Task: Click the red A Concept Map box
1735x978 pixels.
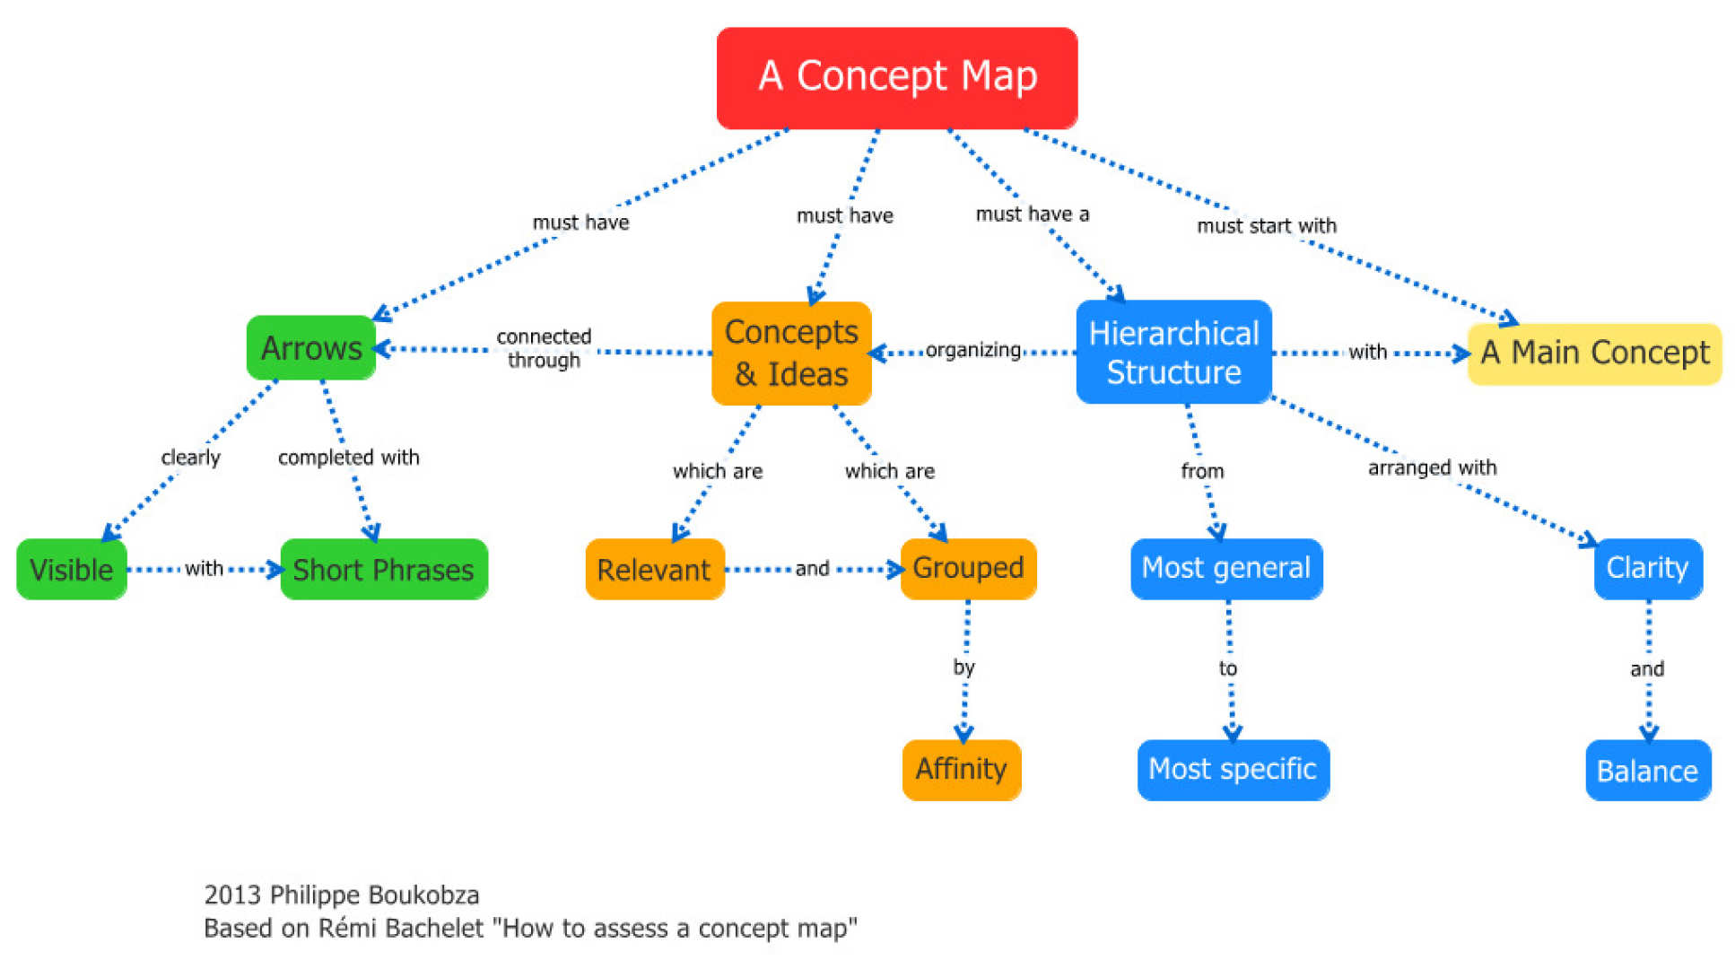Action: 896,78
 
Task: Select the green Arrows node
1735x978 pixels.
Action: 311,348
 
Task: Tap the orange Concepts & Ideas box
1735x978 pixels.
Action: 791,354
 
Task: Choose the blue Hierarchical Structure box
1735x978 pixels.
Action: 1173,353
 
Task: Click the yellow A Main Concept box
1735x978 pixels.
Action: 1594,354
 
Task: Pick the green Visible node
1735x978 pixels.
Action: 72,570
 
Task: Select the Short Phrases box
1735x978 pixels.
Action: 384,570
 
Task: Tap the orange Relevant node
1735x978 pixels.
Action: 654,570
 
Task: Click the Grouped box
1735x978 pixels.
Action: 968,568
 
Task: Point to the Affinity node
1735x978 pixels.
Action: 962,770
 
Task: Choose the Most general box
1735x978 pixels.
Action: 1226,569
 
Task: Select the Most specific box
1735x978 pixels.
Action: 1233,770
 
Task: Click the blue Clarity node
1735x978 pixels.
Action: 1648,569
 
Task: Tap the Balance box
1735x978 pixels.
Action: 1648,771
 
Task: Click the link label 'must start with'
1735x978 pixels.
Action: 1267,226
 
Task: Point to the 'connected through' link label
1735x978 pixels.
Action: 545,348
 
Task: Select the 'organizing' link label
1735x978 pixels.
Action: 973,350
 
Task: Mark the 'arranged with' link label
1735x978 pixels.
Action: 1432,467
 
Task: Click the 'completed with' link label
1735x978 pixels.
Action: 349,458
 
